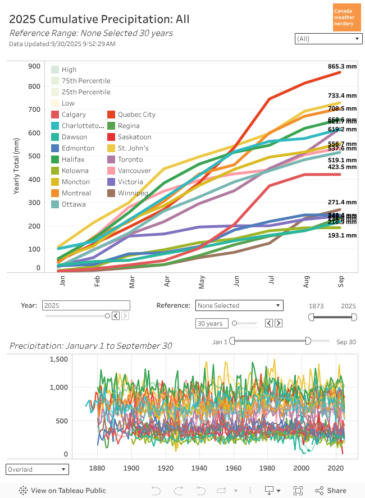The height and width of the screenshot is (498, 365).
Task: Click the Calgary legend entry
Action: coord(74,115)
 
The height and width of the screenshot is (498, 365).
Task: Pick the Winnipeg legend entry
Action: coord(133,193)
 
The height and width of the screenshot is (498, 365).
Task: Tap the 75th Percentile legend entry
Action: coord(86,81)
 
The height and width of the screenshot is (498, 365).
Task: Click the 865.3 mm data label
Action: coord(343,66)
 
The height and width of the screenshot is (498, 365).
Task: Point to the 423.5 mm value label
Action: coord(343,167)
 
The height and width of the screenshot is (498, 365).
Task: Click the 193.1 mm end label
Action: coord(343,236)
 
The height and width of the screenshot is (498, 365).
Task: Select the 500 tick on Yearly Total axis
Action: coord(34,156)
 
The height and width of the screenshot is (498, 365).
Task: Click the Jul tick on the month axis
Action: coord(272,279)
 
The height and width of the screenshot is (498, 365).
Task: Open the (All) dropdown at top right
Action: coord(328,39)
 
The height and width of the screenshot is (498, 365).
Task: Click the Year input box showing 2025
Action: coord(86,305)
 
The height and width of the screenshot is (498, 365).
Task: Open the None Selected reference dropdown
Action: coord(239,305)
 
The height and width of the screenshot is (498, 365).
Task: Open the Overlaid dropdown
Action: coord(37,469)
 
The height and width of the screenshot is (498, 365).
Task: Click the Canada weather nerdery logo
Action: coord(347,17)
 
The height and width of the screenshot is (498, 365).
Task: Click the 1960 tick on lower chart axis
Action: coord(234,468)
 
